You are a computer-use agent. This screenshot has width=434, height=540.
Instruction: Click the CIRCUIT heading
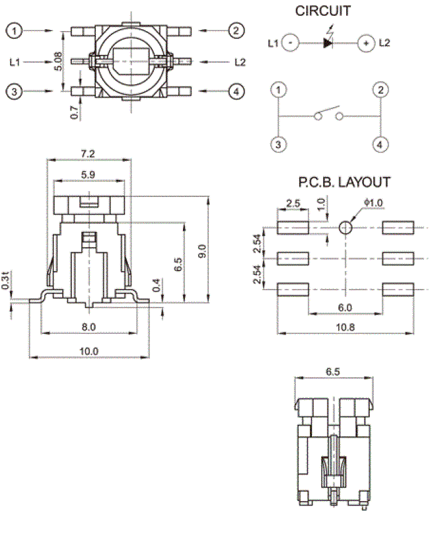click(x=323, y=11)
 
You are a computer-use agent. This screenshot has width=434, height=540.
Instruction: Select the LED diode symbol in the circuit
click(x=328, y=43)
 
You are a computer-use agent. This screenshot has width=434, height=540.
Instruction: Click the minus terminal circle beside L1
click(x=290, y=43)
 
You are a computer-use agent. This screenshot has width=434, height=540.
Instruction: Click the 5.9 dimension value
click(x=87, y=174)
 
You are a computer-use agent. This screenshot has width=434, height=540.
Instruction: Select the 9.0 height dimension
click(x=201, y=251)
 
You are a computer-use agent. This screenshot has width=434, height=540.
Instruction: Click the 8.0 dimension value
click(x=89, y=327)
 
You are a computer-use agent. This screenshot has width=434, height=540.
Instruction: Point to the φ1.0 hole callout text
click(x=373, y=202)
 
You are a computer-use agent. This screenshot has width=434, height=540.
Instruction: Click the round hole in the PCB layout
click(x=345, y=228)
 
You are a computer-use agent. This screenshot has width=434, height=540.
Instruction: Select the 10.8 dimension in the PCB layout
click(x=345, y=327)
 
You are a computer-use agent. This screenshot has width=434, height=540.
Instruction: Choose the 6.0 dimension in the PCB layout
click(x=345, y=307)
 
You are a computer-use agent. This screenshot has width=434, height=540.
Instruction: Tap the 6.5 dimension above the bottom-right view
click(x=333, y=372)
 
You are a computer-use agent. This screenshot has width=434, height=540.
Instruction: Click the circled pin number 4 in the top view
click(x=236, y=92)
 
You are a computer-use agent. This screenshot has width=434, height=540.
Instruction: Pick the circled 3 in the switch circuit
click(x=280, y=143)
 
